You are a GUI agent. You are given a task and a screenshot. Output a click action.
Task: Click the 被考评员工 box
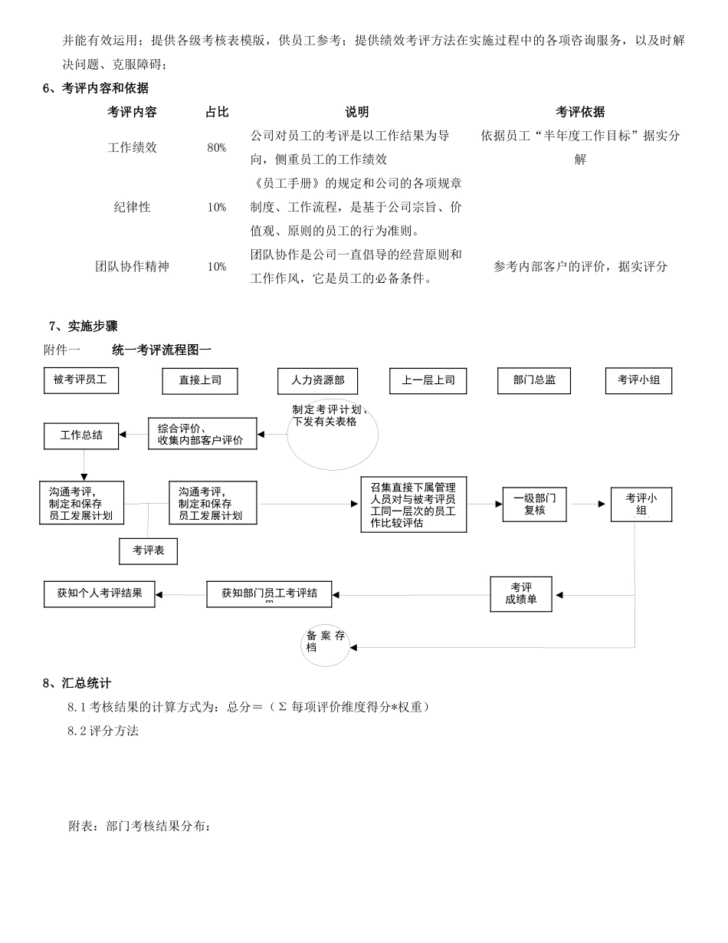[x=80, y=380]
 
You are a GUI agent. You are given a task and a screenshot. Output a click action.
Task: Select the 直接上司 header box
[x=200, y=381]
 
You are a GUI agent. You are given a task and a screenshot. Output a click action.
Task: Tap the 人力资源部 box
[x=317, y=381]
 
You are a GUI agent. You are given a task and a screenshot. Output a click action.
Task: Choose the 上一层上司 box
[x=428, y=381]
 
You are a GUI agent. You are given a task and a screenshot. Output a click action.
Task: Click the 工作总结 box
[x=81, y=435]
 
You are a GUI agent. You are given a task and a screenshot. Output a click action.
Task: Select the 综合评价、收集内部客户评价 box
[x=202, y=434]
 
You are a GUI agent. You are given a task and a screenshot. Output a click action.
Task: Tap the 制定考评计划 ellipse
[x=332, y=434]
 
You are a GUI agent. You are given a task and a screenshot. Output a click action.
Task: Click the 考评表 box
[x=148, y=550]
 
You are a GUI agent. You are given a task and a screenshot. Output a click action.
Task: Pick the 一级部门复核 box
[x=534, y=504]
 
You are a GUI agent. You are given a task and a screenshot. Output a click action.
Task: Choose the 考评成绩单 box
[x=521, y=594]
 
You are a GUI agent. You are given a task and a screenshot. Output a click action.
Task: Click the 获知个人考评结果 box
[x=100, y=593]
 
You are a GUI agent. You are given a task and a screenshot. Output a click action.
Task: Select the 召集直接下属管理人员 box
[x=413, y=504]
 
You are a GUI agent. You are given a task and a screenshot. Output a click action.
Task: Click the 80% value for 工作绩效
[x=216, y=148]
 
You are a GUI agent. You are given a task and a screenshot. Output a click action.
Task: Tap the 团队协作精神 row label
[x=132, y=267]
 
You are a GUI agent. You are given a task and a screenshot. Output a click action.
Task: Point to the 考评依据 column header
[x=580, y=113]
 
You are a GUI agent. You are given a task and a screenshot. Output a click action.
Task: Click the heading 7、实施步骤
[x=83, y=327]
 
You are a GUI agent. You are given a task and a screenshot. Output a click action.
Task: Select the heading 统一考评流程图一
[x=162, y=350]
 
